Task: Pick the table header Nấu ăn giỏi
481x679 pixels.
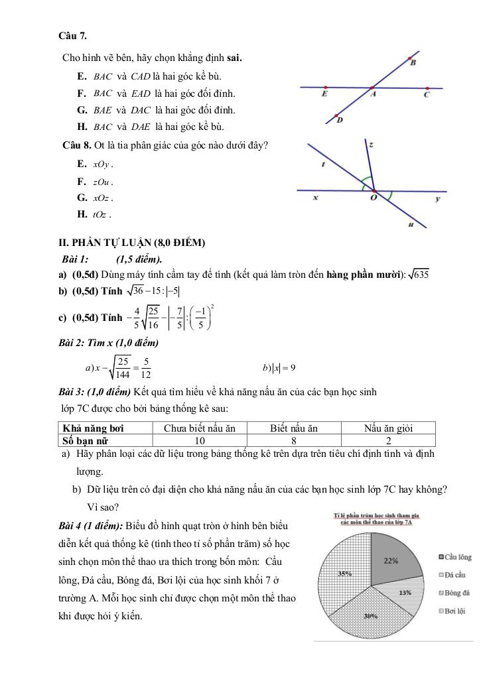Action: tap(388, 428)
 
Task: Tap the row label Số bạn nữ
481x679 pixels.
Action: tap(86, 440)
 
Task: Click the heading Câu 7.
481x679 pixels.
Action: tap(73, 35)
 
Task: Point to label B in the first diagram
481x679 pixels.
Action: tap(413, 64)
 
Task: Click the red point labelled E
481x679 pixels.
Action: tap(324, 87)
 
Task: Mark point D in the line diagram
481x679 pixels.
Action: tap(338, 113)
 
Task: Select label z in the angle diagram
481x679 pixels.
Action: tap(371, 144)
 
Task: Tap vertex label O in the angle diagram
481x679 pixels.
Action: tap(374, 198)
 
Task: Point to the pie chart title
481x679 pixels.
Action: tap(378, 518)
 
